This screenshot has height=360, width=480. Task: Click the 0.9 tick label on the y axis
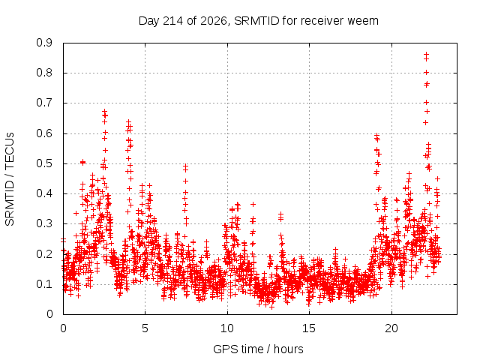pos(44,43)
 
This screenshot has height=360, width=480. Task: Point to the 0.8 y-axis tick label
pos(44,73)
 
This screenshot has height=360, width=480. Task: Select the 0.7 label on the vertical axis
pos(44,103)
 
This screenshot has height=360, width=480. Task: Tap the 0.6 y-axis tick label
pos(44,133)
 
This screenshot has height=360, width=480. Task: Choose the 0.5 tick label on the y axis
pos(44,163)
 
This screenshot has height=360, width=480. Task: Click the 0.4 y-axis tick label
pos(44,193)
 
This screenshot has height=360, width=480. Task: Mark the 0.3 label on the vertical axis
pos(44,223)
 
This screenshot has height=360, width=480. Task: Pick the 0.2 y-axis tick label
pos(44,254)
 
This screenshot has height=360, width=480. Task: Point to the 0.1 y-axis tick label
pos(44,284)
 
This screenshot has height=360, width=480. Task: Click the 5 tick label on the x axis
pos(145,328)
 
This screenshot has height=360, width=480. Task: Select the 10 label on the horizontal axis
pos(227,328)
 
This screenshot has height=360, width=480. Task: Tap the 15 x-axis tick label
pos(309,328)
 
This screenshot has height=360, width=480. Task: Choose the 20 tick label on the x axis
pos(391,328)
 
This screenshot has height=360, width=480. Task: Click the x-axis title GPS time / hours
pos(258,349)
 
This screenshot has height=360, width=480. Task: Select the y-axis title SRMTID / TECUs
pos(10,179)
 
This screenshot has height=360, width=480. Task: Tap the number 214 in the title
pos(172,21)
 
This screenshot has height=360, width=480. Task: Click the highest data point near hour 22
pos(426,55)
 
